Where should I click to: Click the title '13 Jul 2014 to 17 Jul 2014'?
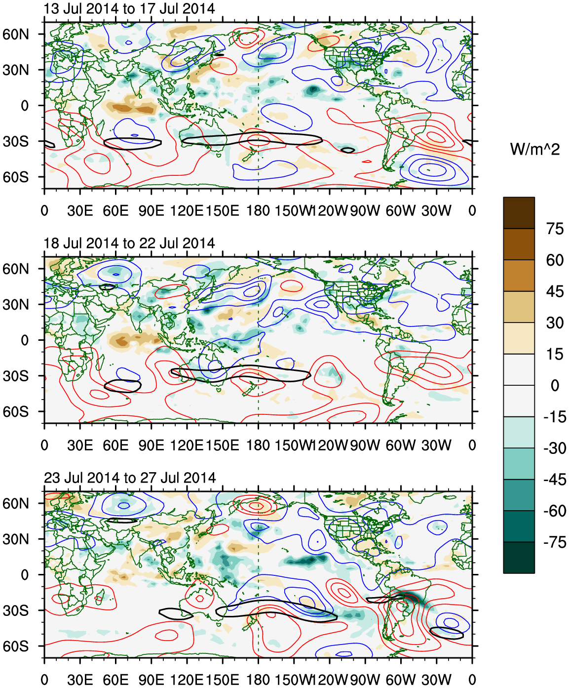tap(129, 9)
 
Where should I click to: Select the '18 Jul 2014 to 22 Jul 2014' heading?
tap(129, 243)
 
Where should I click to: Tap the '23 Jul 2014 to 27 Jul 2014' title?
tap(130, 478)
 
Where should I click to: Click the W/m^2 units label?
tap(534, 149)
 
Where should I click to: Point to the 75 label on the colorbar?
tap(555, 229)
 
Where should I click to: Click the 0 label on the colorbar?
tap(555, 385)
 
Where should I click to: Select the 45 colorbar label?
tap(555, 291)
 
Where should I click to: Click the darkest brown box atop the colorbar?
tap(519, 213)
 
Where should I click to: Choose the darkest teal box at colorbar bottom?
tap(519, 558)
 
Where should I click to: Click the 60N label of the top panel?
tap(16, 34)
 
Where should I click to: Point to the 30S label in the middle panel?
tap(16, 376)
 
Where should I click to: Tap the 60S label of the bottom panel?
tap(16, 647)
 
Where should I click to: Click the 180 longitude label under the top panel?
tap(258, 211)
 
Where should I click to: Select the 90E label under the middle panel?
tap(151, 445)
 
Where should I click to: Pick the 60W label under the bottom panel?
tap(400, 680)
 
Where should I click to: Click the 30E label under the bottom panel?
tap(80, 680)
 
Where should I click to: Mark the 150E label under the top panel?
tap(222, 211)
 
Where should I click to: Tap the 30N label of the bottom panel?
tap(16, 539)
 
